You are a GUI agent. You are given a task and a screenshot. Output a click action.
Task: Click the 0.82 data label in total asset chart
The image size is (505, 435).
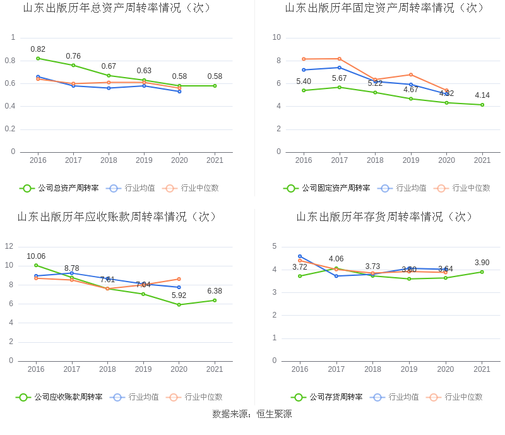coord(38,49)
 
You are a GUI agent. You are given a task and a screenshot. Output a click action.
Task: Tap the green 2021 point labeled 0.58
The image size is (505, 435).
coord(215,86)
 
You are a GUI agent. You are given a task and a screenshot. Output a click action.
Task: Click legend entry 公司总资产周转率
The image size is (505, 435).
coord(59,188)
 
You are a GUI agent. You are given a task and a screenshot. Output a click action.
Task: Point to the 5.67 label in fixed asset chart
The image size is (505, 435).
coord(339,78)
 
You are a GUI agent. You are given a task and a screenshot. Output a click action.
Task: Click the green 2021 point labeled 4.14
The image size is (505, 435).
coord(482,105)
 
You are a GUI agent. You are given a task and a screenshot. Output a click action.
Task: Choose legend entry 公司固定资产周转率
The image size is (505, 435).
coord(327,188)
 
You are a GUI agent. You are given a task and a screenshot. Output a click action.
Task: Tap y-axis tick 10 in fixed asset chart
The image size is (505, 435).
coord(276,37)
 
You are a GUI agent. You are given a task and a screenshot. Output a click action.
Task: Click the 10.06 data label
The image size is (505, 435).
coord(36,256)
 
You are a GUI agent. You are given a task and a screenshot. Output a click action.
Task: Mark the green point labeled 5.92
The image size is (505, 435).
coord(179,304)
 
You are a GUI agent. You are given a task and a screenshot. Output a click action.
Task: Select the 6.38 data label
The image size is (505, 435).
coord(215,291)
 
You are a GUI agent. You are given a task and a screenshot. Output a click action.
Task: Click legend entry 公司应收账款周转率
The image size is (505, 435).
coord(59,397)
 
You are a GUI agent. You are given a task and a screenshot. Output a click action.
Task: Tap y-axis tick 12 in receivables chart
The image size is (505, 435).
coord(9,246)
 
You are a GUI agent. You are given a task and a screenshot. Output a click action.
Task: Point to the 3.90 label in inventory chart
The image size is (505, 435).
coord(482,263)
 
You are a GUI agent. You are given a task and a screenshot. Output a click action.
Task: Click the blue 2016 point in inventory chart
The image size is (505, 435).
coord(300,256)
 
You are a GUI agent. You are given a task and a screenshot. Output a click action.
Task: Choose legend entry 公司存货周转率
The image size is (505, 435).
coord(327,397)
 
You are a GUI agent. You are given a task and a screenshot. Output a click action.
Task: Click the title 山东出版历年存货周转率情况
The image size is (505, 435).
coord(385,217)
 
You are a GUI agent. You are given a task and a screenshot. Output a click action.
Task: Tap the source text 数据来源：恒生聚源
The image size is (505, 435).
coord(252,414)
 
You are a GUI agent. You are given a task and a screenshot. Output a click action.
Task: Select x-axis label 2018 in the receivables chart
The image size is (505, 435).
coord(107,369)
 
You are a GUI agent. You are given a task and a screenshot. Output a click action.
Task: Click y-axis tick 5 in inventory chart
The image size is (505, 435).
coord(274,246)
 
